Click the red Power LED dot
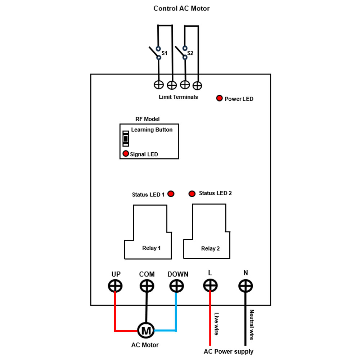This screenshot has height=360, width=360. pos(219,98)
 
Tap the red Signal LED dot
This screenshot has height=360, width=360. pos(126,154)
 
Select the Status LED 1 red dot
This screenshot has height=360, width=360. pos(171,194)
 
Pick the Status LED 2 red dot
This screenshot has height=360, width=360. pos(192,194)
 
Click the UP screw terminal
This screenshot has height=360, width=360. pos(115,286)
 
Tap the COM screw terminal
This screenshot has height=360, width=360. pos(147,286)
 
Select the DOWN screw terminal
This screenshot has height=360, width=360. pos(176,286)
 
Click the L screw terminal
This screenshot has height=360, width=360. pos(210,285)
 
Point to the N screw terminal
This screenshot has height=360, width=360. pos(246,286)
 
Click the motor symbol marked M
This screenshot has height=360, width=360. pos(146,330)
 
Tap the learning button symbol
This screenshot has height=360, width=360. pos(126,139)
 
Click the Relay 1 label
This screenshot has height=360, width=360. pos(151,248)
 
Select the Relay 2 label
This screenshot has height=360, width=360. pos(210,248)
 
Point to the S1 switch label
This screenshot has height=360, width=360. pos(165,53)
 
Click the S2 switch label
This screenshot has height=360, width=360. pos(190,53)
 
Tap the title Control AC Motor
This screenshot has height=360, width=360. pos(181,9)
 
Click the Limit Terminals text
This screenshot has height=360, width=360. pos(178,97)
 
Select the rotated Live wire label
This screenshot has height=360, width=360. pos(216,324)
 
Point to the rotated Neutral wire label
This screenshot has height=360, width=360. pos(252,325)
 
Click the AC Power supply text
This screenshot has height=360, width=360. pos(229,351)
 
